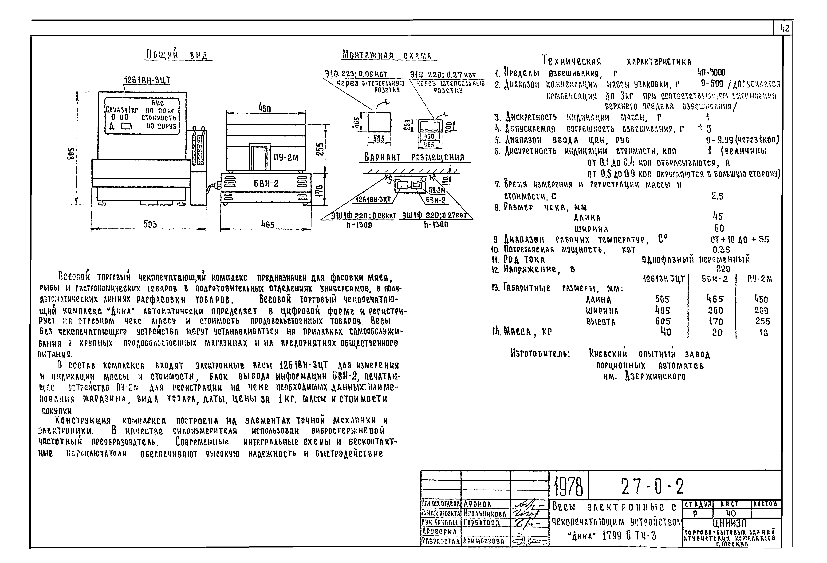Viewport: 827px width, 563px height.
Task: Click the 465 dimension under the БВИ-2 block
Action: coord(268,224)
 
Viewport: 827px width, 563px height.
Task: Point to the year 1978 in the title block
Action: coord(568,487)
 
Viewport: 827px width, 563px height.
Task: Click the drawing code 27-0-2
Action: coord(652,487)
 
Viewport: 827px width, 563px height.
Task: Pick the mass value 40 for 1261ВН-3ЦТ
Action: coord(666,332)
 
